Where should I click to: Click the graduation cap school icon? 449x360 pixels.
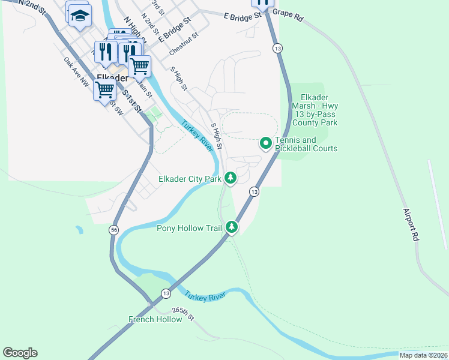tap(79, 15)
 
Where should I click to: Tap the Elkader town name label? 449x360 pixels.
tap(112, 78)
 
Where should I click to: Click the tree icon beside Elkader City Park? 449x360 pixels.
tap(230, 178)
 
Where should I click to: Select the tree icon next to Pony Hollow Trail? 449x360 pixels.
tap(231, 227)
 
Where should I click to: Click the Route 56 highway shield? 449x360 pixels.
tap(113, 230)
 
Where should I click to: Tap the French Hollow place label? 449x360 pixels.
tap(155, 319)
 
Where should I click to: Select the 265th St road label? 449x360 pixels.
tap(184, 313)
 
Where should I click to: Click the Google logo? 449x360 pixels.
tap(20, 353)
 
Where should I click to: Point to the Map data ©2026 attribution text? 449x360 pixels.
tap(423, 355)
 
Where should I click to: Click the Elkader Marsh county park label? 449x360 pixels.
tap(319, 110)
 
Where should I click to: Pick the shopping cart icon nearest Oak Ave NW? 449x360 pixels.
tap(104, 91)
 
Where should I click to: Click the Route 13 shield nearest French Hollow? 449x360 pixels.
tap(166, 293)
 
